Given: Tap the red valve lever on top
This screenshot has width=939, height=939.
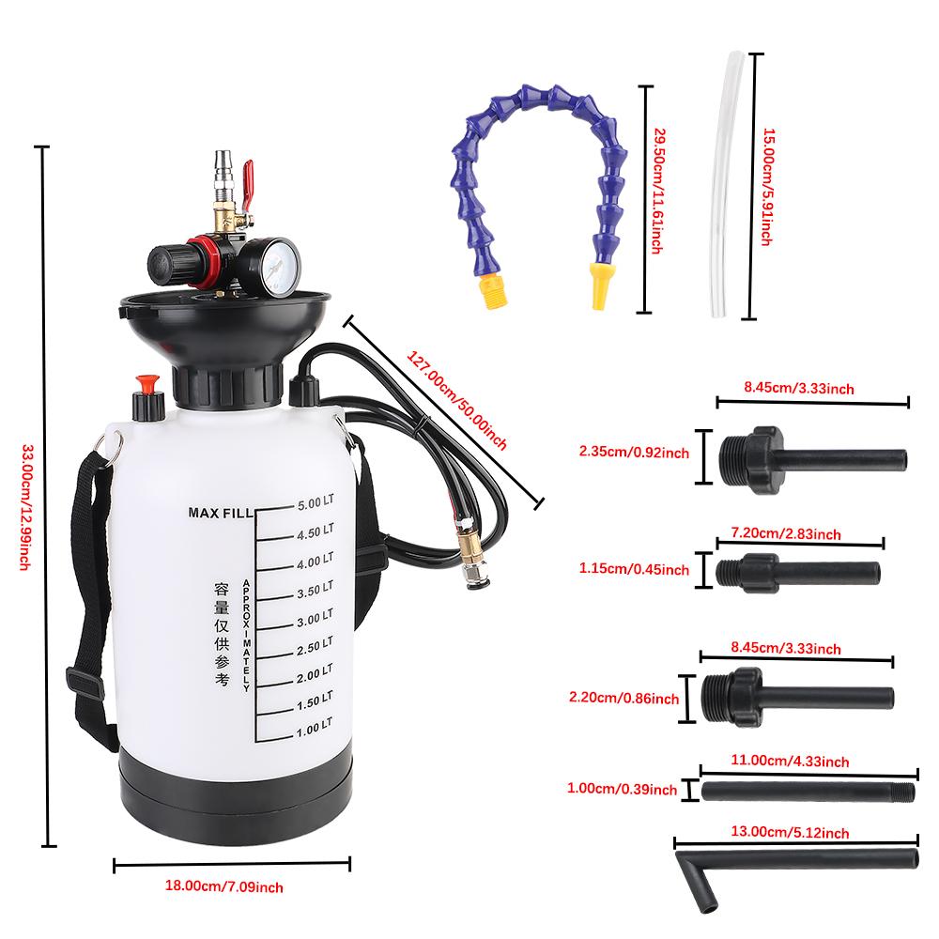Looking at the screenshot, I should pos(249,176).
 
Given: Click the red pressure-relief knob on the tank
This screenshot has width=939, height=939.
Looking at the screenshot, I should pos(146,385).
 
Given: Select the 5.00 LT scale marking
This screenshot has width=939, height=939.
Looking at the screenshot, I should pos(315,502).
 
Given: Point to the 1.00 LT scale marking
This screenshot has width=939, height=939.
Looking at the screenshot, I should pos(315,726).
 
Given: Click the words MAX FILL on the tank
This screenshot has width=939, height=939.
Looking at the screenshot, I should pos(219,513).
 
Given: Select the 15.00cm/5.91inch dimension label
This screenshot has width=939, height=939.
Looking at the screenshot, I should pos(765,188).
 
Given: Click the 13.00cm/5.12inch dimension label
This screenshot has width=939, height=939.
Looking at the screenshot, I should pos(796,832).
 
